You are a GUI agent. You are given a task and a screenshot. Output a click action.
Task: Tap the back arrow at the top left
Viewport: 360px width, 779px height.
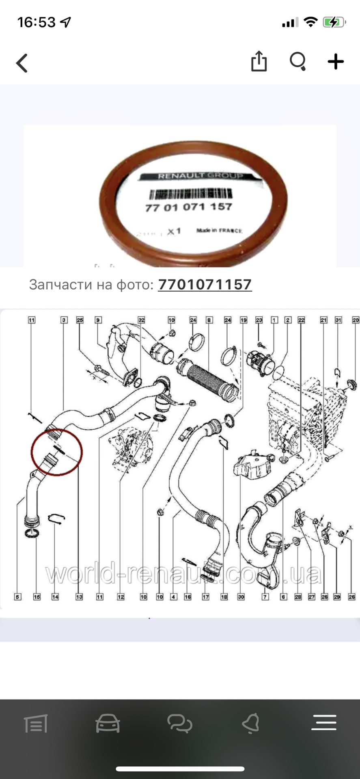point(22,63)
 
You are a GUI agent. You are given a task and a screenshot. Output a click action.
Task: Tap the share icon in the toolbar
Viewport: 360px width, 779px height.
point(259,62)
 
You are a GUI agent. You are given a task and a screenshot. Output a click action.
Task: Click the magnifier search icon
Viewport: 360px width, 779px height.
point(297,62)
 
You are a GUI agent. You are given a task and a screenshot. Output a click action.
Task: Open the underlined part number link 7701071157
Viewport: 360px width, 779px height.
point(205,284)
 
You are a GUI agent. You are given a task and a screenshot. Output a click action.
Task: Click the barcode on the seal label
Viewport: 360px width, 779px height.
point(189,194)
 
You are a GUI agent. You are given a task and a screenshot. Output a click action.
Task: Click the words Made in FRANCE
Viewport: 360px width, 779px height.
point(219,230)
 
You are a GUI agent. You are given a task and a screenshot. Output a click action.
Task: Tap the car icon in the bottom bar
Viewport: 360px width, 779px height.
point(108,723)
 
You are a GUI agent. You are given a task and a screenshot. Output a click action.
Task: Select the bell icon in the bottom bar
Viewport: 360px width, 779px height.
point(250,723)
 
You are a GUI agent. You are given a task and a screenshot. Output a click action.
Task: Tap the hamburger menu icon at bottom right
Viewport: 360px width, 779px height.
point(323,723)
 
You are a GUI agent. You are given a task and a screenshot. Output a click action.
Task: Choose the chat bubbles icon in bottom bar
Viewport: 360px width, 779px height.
point(179,723)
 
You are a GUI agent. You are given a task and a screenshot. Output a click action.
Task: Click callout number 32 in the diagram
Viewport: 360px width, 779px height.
point(141,320)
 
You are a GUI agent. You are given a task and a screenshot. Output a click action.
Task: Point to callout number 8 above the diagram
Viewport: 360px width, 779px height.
point(209,320)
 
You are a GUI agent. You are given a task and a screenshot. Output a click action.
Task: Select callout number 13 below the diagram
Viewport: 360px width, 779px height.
point(79,597)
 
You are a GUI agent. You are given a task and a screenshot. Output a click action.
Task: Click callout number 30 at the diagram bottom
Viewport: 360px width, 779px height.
point(241,597)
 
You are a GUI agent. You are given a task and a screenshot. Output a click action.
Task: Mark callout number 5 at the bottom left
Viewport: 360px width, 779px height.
point(17,597)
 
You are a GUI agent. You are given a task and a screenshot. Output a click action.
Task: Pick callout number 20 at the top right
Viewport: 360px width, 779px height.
point(356,320)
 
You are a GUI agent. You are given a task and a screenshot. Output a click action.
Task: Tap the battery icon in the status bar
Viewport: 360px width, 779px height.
point(334,22)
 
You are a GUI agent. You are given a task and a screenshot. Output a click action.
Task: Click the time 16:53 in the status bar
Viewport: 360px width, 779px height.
point(37,22)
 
